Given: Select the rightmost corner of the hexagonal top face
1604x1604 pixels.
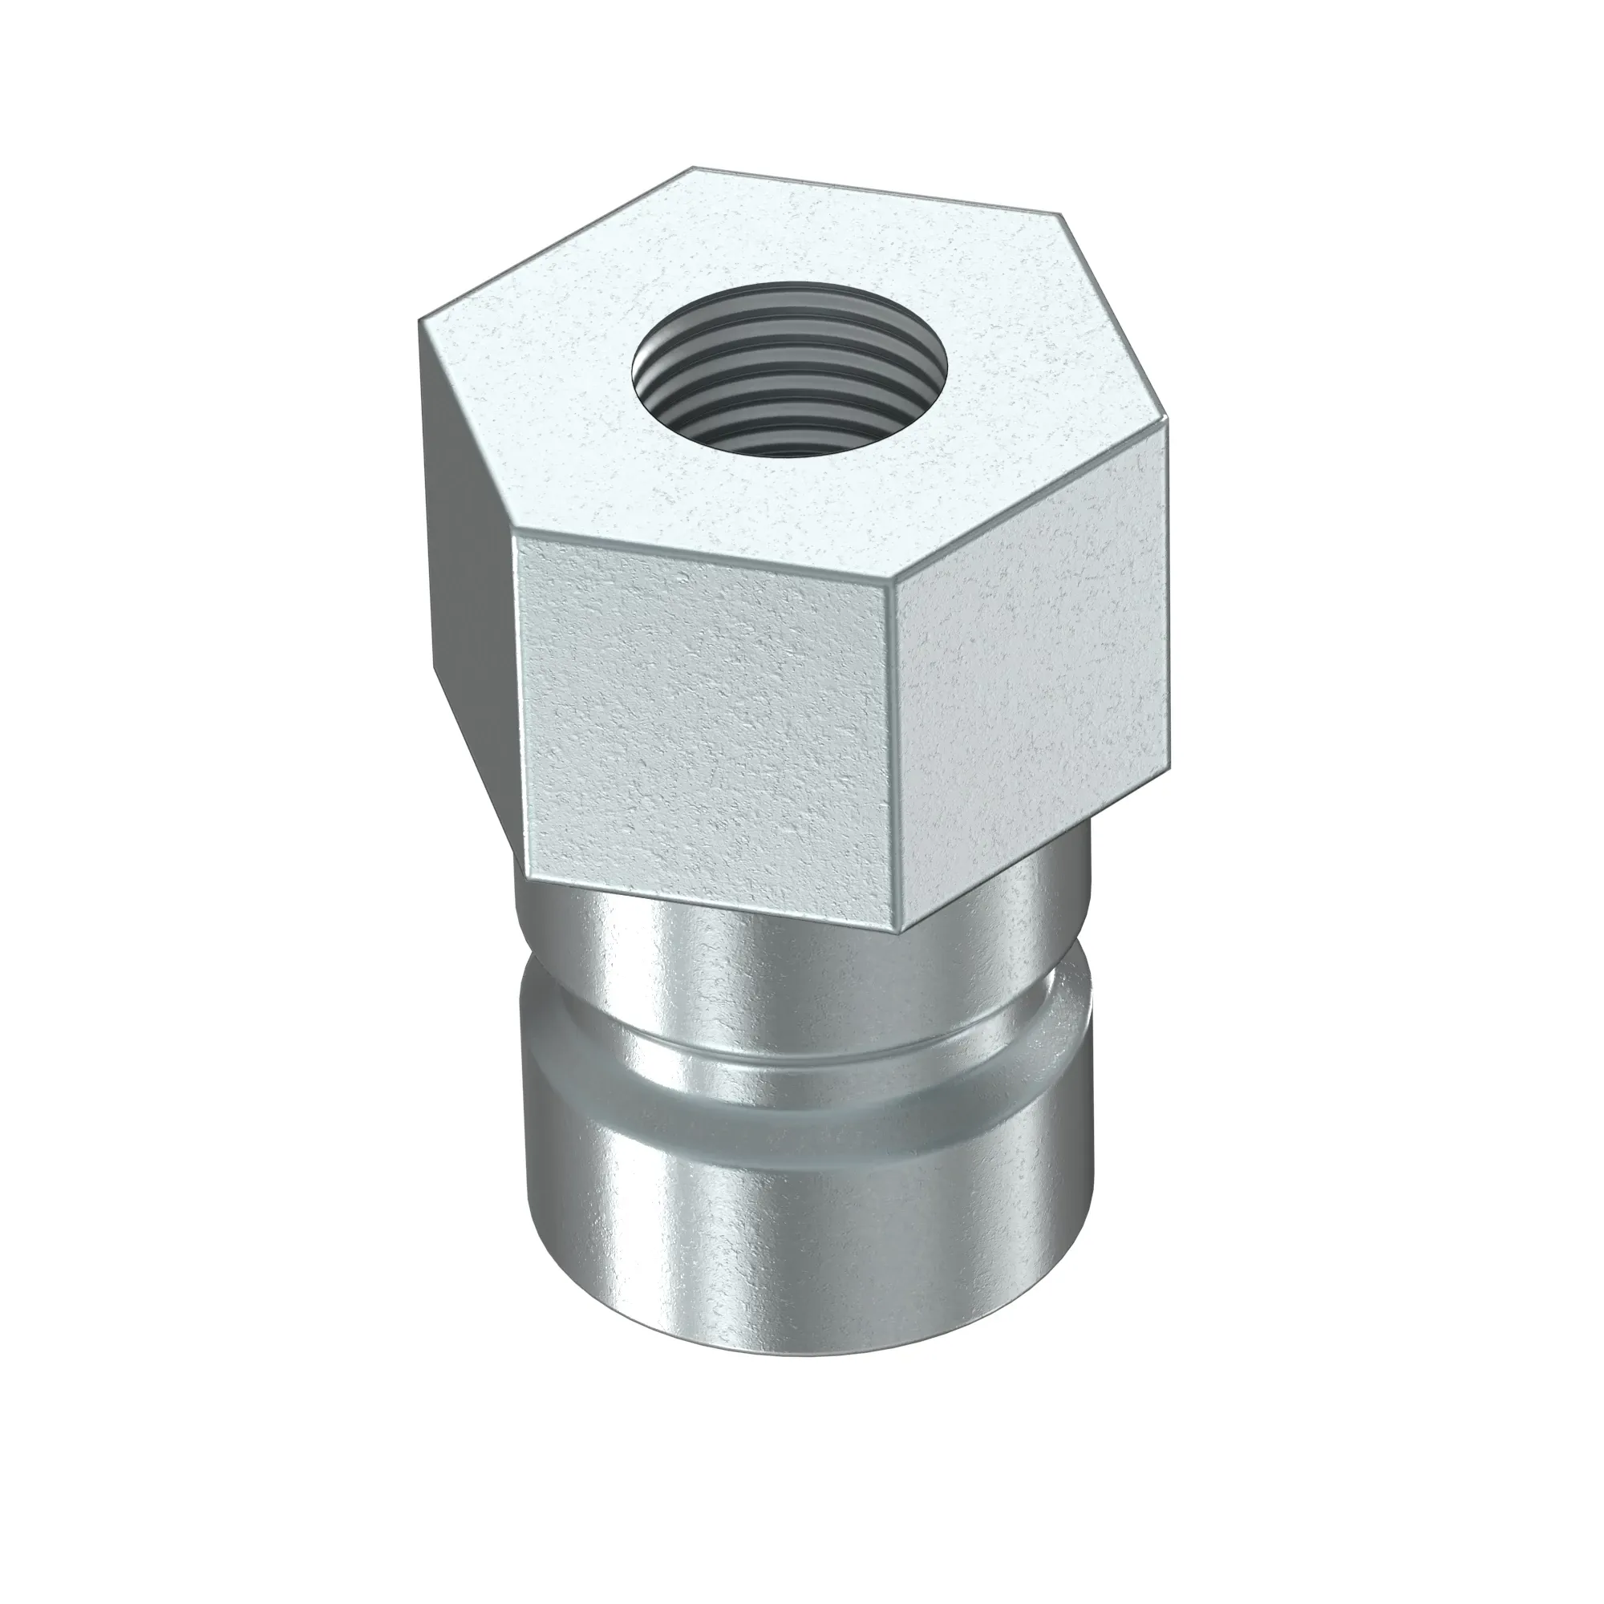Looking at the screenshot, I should tap(1169, 431).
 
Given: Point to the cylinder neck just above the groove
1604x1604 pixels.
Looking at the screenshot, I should tap(747, 980).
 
